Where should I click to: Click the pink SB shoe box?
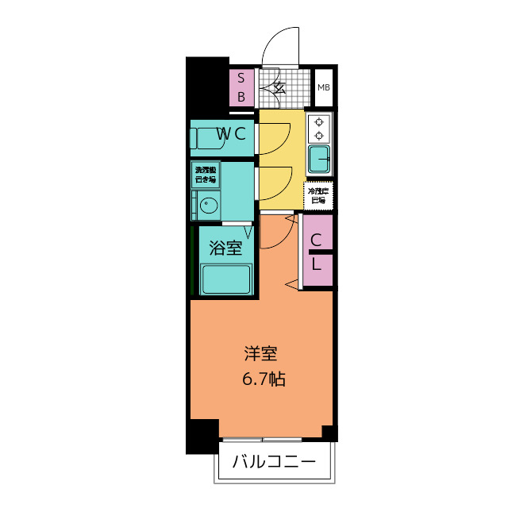(242, 87)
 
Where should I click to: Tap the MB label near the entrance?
(323, 87)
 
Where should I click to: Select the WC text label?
(229, 134)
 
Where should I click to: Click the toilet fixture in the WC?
(205, 138)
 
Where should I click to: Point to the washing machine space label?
(206, 175)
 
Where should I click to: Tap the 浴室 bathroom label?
(225, 248)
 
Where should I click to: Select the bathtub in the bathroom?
(226, 280)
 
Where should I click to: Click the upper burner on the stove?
(320, 122)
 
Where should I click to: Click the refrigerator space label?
(318, 195)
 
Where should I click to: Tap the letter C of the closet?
(316, 241)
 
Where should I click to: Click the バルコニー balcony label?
(274, 462)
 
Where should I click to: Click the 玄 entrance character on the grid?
(279, 87)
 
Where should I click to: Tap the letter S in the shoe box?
(242, 79)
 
